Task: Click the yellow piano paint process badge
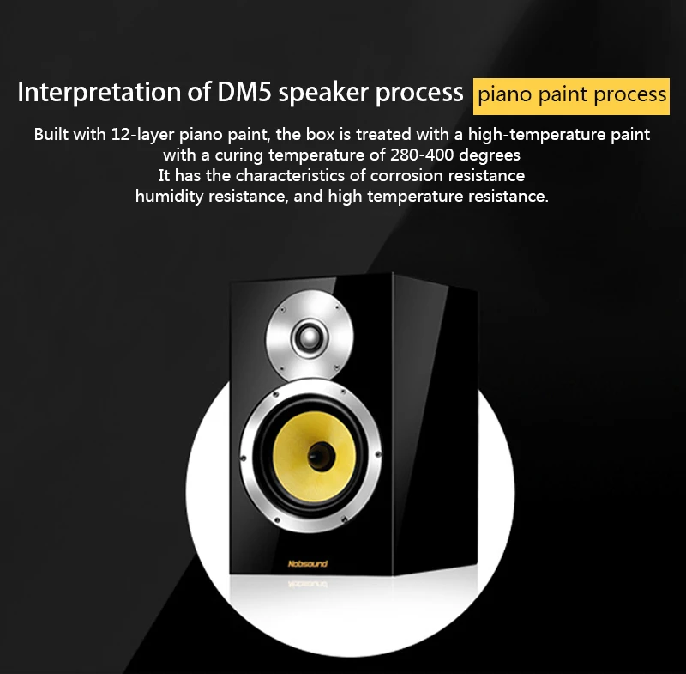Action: tap(572, 94)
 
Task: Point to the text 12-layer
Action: tap(142, 135)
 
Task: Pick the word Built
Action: tap(52, 135)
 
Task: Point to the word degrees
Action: tap(491, 155)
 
